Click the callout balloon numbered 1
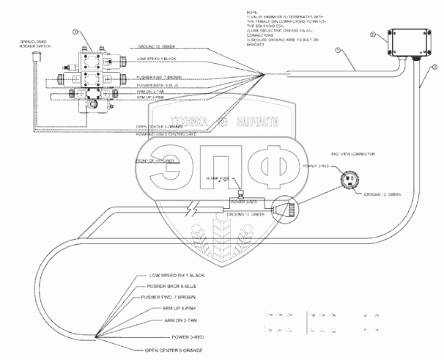click(338, 49)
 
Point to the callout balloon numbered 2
click(372, 34)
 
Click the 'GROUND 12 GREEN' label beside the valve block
click(158, 48)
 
